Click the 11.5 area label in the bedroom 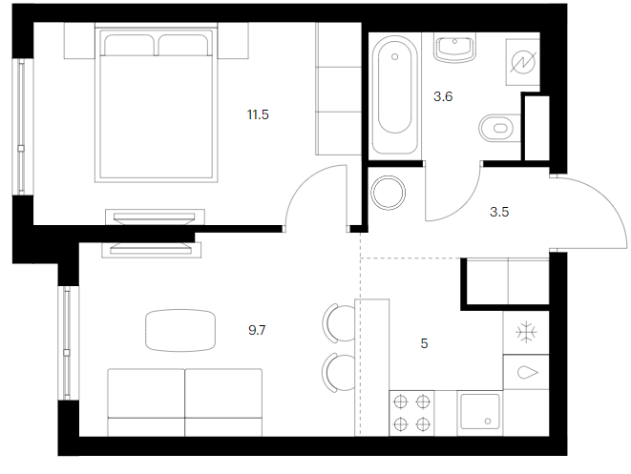pyautogui.click(x=258, y=115)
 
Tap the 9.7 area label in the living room pyautogui.click(x=257, y=331)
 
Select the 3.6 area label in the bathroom pyautogui.click(x=443, y=96)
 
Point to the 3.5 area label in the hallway pyautogui.click(x=499, y=212)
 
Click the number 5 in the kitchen pyautogui.click(x=424, y=343)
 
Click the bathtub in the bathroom pyautogui.click(x=395, y=94)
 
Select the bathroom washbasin pyautogui.click(x=454, y=48)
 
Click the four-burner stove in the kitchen pyautogui.click(x=411, y=413)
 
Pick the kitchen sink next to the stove pyautogui.click(x=480, y=412)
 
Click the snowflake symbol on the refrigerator pyautogui.click(x=526, y=333)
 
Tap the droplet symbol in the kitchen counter pyautogui.click(x=527, y=372)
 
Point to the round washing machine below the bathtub pyautogui.click(x=388, y=193)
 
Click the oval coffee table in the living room pyautogui.click(x=180, y=330)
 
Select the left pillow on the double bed pyautogui.click(x=129, y=45)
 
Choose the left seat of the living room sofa pyautogui.click(x=146, y=402)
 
